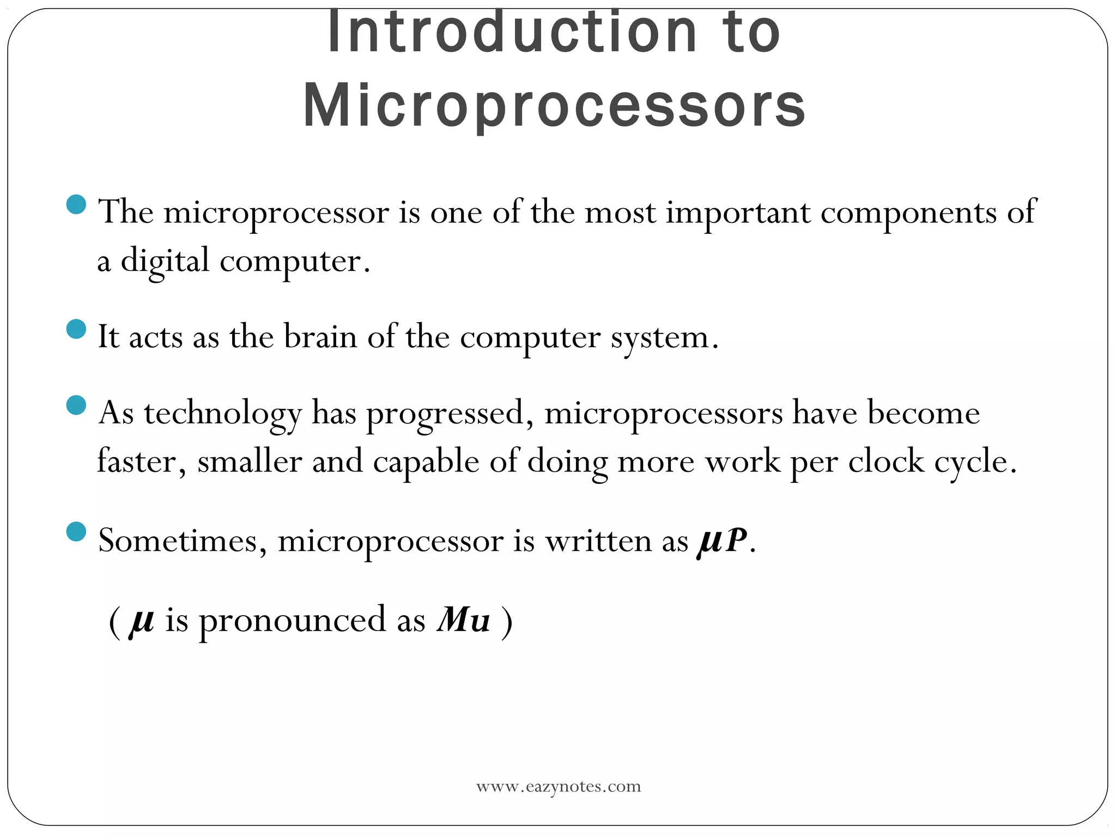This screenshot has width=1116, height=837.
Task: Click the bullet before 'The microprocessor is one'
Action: (76, 204)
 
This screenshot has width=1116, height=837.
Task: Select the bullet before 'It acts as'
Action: (76, 329)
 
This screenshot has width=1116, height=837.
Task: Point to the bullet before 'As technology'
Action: (76, 405)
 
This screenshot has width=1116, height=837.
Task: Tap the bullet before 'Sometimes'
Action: (76, 532)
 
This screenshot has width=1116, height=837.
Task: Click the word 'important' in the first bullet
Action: (738, 213)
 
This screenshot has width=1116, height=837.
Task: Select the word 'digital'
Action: (165, 262)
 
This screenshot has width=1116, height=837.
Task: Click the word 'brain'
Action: (320, 337)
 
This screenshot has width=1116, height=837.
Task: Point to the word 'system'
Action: (659, 338)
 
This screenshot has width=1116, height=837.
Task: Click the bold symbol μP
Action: (721, 541)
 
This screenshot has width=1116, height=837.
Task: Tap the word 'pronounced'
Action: (292, 621)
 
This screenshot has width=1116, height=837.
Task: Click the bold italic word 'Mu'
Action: (463, 620)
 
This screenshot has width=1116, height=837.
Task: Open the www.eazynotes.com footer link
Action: (559, 786)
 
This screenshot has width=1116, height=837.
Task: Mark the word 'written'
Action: (598, 541)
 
